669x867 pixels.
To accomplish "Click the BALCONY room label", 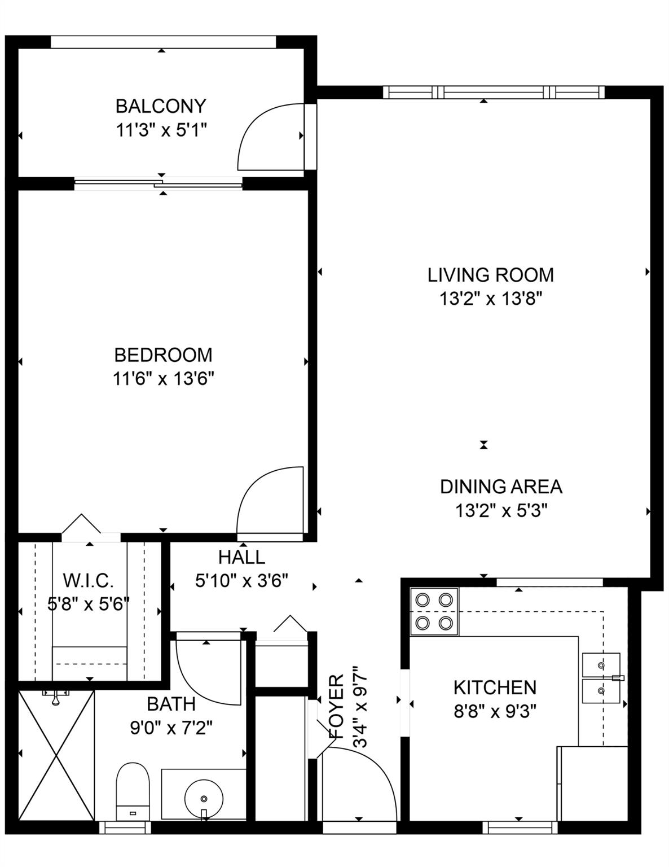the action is (x=161, y=106).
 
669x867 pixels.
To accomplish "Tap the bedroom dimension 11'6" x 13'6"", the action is (x=164, y=379).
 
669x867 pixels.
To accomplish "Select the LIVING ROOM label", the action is (x=491, y=275).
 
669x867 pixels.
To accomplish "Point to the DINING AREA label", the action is (x=501, y=487).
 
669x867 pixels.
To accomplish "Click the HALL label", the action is (x=241, y=557).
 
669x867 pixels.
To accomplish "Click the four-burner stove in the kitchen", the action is (x=434, y=612).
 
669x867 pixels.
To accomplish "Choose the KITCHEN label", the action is (x=495, y=687).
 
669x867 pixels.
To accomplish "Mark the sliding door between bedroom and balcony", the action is (x=159, y=183).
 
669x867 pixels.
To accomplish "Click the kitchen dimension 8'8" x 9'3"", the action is (x=495, y=711).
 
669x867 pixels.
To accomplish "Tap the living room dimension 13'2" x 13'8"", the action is (x=491, y=299).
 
